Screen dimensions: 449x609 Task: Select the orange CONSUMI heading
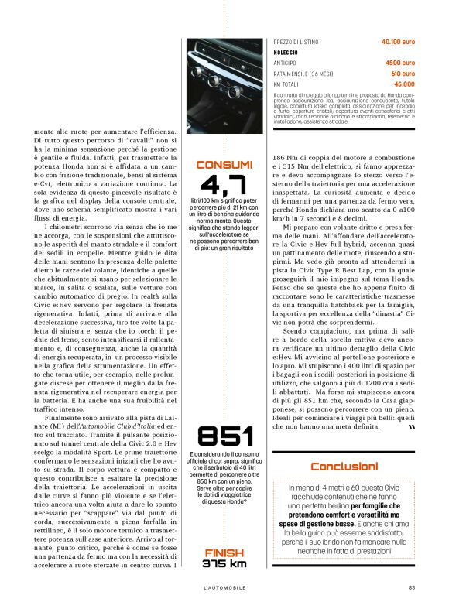(224, 165)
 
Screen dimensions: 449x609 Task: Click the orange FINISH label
(224, 552)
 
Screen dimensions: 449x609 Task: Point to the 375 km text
(224, 563)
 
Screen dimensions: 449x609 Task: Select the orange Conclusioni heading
(344, 467)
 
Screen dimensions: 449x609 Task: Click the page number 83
(412, 587)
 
